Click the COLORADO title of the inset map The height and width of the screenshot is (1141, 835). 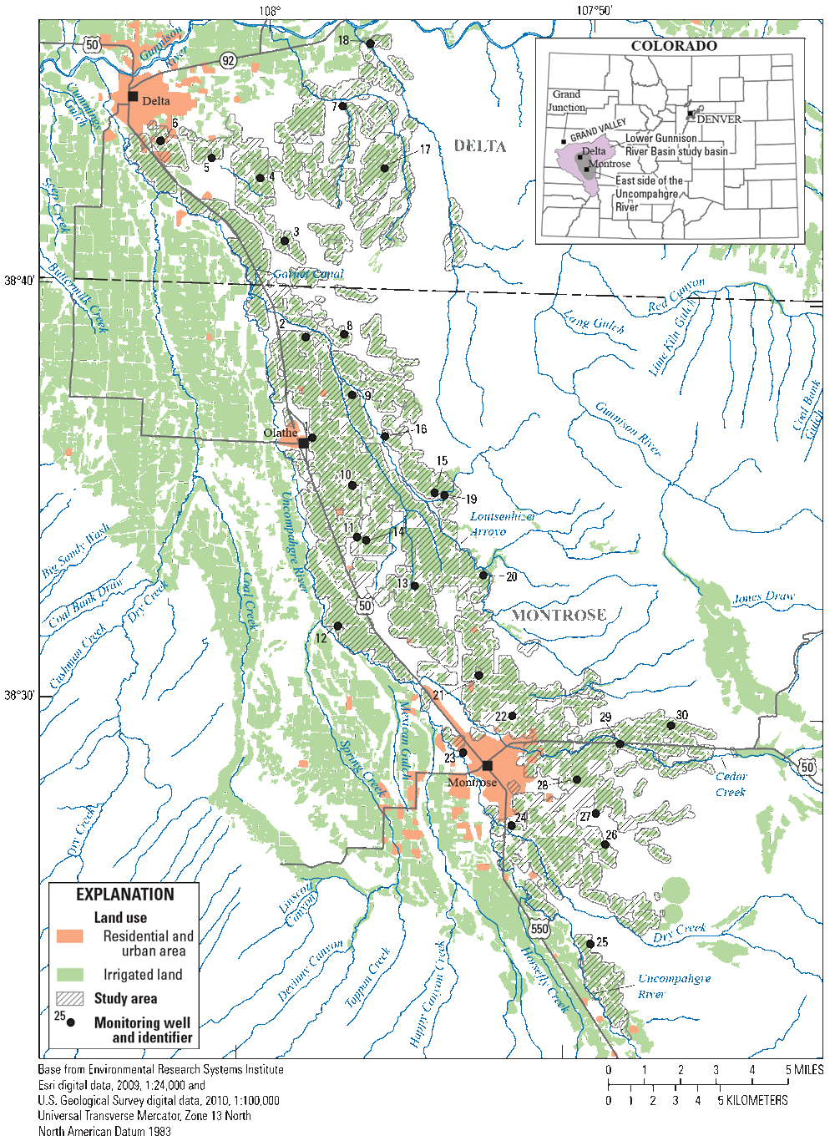[x=673, y=46]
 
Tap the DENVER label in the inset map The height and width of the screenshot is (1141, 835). [x=719, y=119]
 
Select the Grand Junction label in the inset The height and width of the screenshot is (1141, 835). [x=566, y=101]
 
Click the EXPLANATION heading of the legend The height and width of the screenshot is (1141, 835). [x=124, y=895]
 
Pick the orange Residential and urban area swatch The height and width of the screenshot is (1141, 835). [x=70, y=936]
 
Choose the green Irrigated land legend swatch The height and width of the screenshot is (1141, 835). [x=70, y=975]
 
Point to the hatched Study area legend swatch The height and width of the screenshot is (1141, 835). [x=70, y=998]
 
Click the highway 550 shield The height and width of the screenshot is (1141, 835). [x=539, y=929]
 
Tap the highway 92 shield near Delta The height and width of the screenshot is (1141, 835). [x=228, y=60]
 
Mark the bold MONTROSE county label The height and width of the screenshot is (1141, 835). [x=559, y=615]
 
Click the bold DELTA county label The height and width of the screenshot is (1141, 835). [x=480, y=146]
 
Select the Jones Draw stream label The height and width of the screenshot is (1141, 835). [x=763, y=597]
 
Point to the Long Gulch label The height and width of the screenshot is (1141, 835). [x=594, y=322]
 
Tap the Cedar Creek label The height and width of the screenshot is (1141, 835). [x=731, y=783]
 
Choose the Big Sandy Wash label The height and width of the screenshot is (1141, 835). [x=75, y=552]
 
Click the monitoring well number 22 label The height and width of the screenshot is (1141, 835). [x=500, y=716]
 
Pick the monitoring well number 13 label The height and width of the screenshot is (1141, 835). [x=403, y=583]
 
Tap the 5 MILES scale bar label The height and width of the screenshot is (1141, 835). [x=804, y=1070]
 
